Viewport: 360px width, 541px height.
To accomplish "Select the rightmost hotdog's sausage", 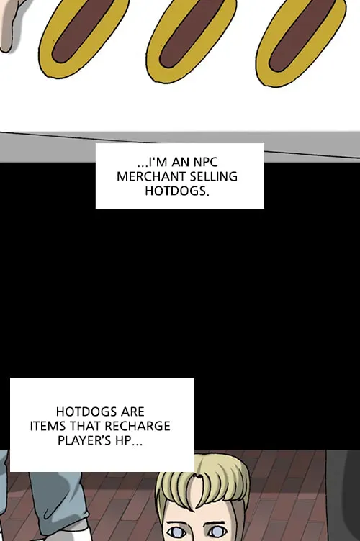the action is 301,35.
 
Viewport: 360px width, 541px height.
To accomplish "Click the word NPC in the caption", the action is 205,162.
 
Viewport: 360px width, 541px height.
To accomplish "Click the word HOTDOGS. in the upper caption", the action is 177,191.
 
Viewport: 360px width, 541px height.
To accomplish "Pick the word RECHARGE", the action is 138,426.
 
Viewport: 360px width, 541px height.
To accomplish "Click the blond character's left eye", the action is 176,530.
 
